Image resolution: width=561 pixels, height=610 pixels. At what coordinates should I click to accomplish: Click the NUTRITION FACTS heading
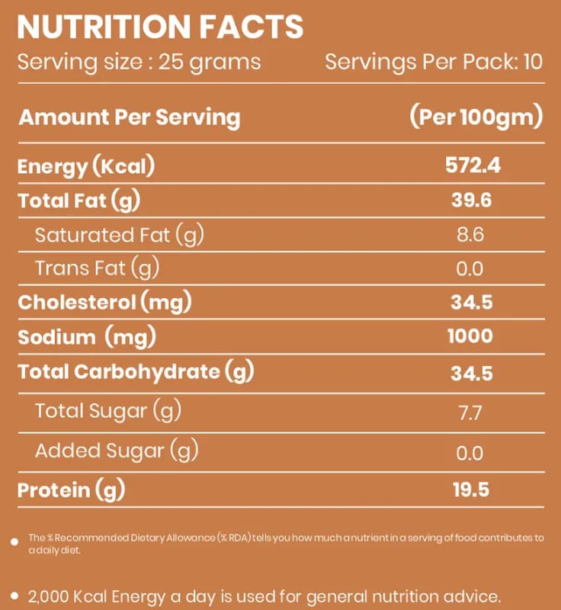pos(160,27)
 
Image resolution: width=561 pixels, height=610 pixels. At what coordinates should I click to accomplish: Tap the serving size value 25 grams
pos(210,63)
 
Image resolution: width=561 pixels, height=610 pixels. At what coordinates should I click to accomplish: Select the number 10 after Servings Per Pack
pos(533,62)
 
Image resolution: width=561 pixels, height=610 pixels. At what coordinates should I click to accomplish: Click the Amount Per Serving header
pos(130,117)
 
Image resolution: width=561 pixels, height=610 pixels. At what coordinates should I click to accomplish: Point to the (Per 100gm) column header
pos(476,117)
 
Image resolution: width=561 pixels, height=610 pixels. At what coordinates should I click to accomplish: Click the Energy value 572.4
pos(473,165)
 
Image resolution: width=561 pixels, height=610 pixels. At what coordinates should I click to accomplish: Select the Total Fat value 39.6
pos(472,200)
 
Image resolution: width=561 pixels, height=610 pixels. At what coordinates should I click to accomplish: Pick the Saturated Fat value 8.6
pos(470,235)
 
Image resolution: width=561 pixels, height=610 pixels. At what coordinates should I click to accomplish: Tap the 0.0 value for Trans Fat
pos(470,269)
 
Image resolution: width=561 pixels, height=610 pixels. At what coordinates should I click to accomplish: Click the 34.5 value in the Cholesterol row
pos(472,302)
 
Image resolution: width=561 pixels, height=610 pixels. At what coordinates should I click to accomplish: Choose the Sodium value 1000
pos(470,336)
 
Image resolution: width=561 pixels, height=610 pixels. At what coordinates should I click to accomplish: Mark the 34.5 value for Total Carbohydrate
pos(472,374)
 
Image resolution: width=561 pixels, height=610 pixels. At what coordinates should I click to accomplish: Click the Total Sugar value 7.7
pos(470,413)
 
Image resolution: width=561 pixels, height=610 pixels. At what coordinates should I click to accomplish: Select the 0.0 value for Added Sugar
pos(470,453)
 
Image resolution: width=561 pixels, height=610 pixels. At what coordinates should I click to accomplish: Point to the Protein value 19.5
pos(471,490)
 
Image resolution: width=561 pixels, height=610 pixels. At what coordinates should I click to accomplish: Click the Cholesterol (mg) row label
pos(105,302)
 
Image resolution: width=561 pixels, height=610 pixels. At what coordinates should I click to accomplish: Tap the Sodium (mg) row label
pos(87,337)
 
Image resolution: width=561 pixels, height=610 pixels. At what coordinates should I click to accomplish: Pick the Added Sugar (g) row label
pos(117,451)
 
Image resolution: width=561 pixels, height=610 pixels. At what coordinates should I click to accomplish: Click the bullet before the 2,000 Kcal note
pos(14,596)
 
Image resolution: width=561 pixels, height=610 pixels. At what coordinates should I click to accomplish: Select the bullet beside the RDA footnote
pos(14,541)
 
